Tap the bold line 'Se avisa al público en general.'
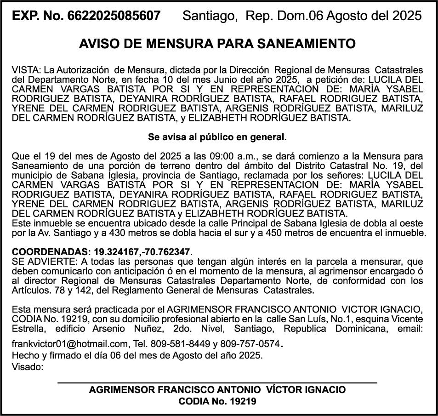coord(217,137)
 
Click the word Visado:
coord(28,366)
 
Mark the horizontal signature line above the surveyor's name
coord(217,382)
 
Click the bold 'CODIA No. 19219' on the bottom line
coord(217,401)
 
